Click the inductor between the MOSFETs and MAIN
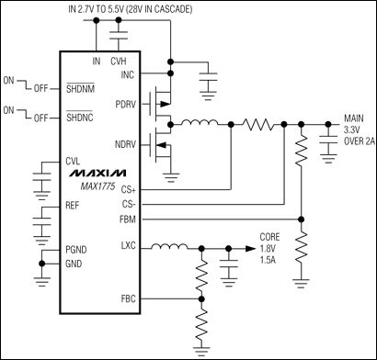200,121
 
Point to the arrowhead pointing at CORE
250,247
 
